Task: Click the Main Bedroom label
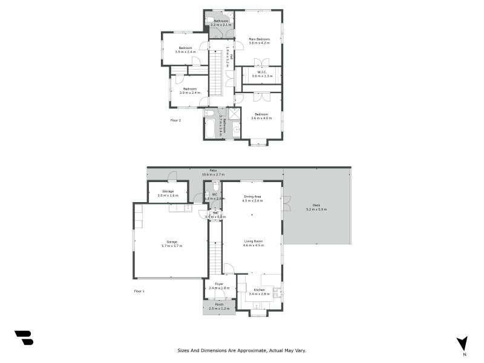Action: [259, 39]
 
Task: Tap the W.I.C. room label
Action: [262, 74]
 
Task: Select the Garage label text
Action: [171, 243]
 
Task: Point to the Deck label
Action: [316, 207]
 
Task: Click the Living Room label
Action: [253, 243]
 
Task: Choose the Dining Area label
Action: [253, 197]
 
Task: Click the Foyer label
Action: [219, 284]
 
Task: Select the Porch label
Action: [219, 305]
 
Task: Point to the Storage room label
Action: [168, 192]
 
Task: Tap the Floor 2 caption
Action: [175, 120]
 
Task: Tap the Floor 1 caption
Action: [139, 292]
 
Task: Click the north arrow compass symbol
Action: [463, 342]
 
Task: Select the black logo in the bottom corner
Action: [24, 338]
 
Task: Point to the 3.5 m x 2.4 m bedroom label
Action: [185, 50]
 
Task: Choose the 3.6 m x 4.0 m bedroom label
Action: [261, 116]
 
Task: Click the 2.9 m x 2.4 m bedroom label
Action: [191, 91]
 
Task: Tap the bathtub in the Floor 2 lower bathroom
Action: [210, 128]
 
